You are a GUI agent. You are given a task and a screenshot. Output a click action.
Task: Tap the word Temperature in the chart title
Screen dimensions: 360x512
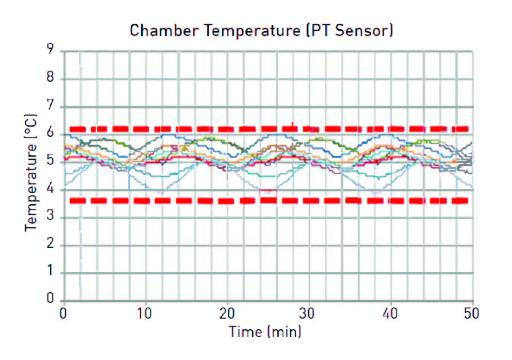click(x=253, y=30)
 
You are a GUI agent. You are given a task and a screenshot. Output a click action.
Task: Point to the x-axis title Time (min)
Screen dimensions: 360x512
click(x=265, y=332)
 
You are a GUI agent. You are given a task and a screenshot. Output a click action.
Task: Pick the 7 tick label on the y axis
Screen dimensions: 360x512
click(x=51, y=105)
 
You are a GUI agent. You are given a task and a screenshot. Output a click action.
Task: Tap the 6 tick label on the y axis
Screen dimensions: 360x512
click(x=51, y=133)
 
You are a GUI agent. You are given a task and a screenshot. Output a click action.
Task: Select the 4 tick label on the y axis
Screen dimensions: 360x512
click(x=51, y=189)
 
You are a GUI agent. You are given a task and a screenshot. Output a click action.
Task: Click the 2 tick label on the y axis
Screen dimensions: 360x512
click(x=51, y=244)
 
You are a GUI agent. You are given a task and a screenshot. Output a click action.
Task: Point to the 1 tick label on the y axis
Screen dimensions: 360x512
click(x=51, y=271)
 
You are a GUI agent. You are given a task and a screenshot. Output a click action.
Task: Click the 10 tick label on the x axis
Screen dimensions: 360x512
click(x=144, y=314)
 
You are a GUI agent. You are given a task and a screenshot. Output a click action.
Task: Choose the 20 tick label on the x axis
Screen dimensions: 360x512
click(x=227, y=314)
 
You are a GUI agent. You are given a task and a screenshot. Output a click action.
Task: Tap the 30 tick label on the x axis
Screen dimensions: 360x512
click(x=307, y=314)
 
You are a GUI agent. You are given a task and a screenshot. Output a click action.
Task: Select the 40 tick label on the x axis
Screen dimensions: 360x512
click(x=390, y=314)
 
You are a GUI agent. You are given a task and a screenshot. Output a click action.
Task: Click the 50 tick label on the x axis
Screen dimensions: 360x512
click(x=471, y=314)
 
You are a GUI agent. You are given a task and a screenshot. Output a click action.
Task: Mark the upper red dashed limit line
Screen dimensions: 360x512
click(x=266, y=129)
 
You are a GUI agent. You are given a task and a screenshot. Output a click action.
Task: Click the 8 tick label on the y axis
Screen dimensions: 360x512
click(x=51, y=78)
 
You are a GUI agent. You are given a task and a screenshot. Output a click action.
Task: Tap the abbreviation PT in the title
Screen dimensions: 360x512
click(x=321, y=30)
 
